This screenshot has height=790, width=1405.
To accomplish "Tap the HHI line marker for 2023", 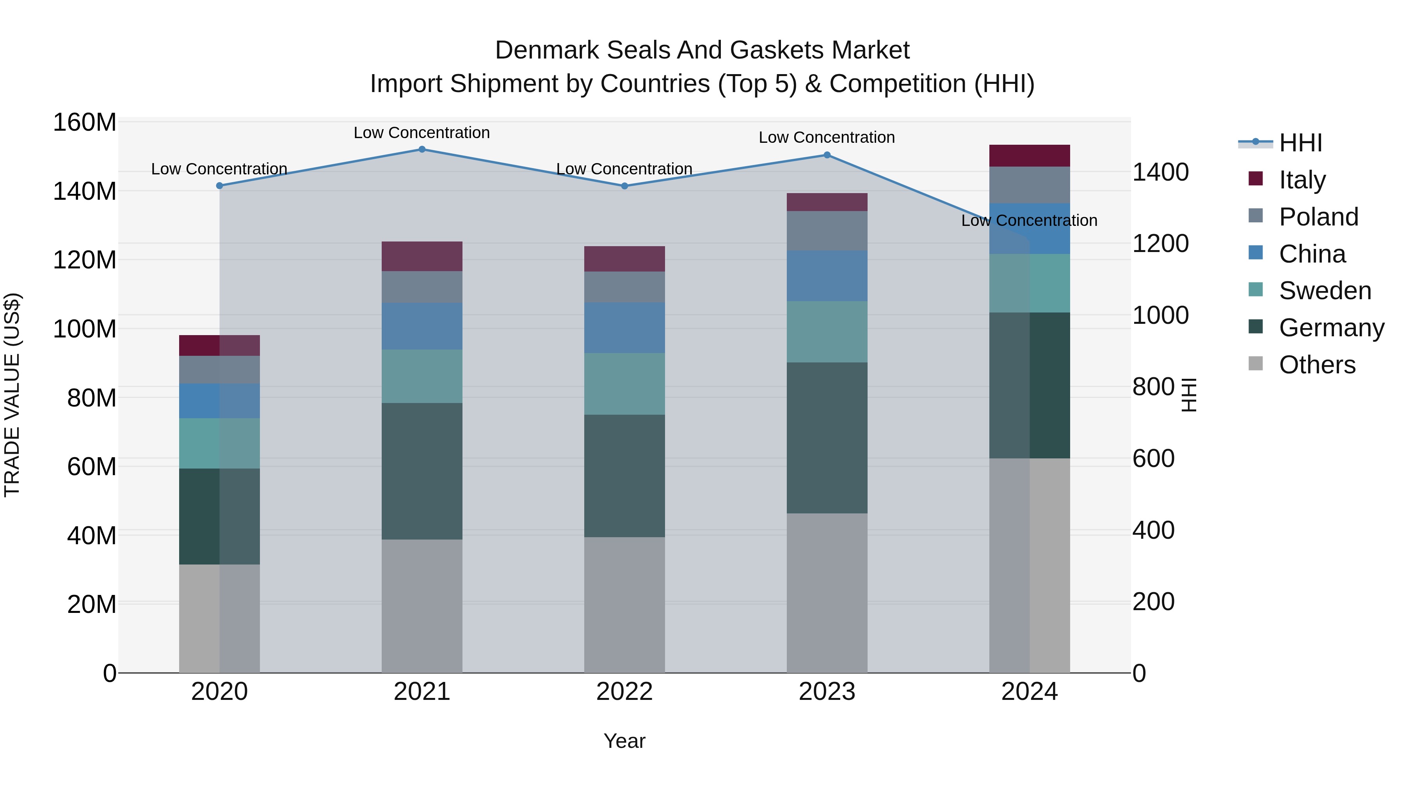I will [x=827, y=155].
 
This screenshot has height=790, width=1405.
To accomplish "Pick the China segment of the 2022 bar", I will [x=624, y=328].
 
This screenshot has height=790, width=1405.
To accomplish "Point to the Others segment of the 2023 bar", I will [x=827, y=593].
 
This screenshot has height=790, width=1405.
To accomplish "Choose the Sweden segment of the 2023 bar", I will [x=827, y=332].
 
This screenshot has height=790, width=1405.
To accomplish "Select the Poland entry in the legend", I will [x=1318, y=217].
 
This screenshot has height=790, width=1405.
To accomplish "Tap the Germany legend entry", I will [x=1331, y=328].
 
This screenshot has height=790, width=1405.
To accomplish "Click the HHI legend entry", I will [x=1300, y=143].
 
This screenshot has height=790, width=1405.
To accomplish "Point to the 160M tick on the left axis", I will [x=85, y=122].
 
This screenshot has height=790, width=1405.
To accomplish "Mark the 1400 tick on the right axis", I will [x=1161, y=172].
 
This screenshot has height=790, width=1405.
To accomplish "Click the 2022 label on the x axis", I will [x=624, y=692].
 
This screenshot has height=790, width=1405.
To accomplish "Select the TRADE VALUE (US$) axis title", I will [x=12, y=395].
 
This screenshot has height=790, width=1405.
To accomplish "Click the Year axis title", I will [x=624, y=741].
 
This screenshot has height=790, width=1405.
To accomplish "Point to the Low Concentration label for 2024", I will [x=1029, y=220].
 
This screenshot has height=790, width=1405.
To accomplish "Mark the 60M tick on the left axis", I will [x=92, y=467].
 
